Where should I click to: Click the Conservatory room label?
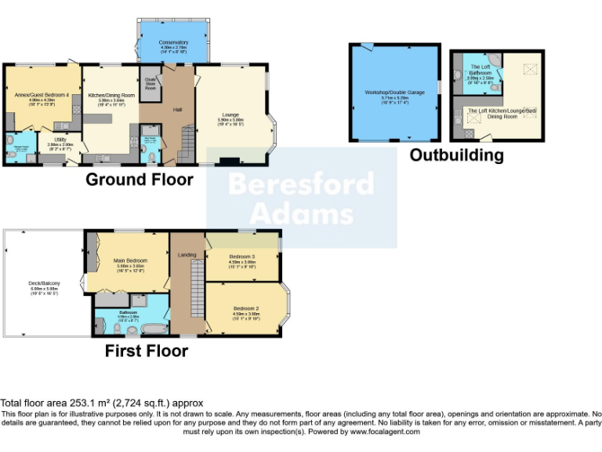(173, 42)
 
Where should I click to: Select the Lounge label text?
(230, 115)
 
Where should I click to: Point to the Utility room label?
(60, 142)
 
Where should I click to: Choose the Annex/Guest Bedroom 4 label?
(42, 95)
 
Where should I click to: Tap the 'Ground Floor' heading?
(139, 180)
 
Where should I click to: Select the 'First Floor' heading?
(147, 351)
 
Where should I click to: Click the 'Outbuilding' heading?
(456, 155)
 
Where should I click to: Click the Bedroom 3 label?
(241, 257)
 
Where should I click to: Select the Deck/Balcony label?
(45, 283)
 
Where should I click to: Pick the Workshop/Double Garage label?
(394, 93)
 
